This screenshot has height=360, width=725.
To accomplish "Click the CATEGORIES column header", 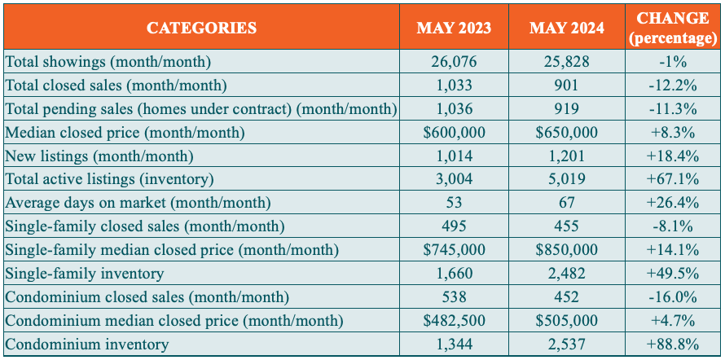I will click(x=201, y=28).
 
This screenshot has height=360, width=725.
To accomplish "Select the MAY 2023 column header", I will click(x=454, y=28).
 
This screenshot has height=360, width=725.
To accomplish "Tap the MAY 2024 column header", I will click(x=566, y=28).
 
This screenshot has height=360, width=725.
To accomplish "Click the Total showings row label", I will click(x=108, y=61).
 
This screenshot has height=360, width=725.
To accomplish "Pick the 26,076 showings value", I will click(x=454, y=61).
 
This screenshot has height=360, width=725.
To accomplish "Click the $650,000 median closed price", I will click(x=566, y=132).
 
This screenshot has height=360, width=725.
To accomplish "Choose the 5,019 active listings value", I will click(x=566, y=179).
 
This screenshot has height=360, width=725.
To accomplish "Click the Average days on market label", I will click(x=138, y=203).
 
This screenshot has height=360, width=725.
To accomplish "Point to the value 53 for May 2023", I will click(x=454, y=203).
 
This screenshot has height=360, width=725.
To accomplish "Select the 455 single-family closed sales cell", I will click(x=566, y=226).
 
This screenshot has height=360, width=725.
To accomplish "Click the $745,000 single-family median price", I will click(x=454, y=250).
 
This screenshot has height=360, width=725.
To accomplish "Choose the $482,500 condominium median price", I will click(x=454, y=321).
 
